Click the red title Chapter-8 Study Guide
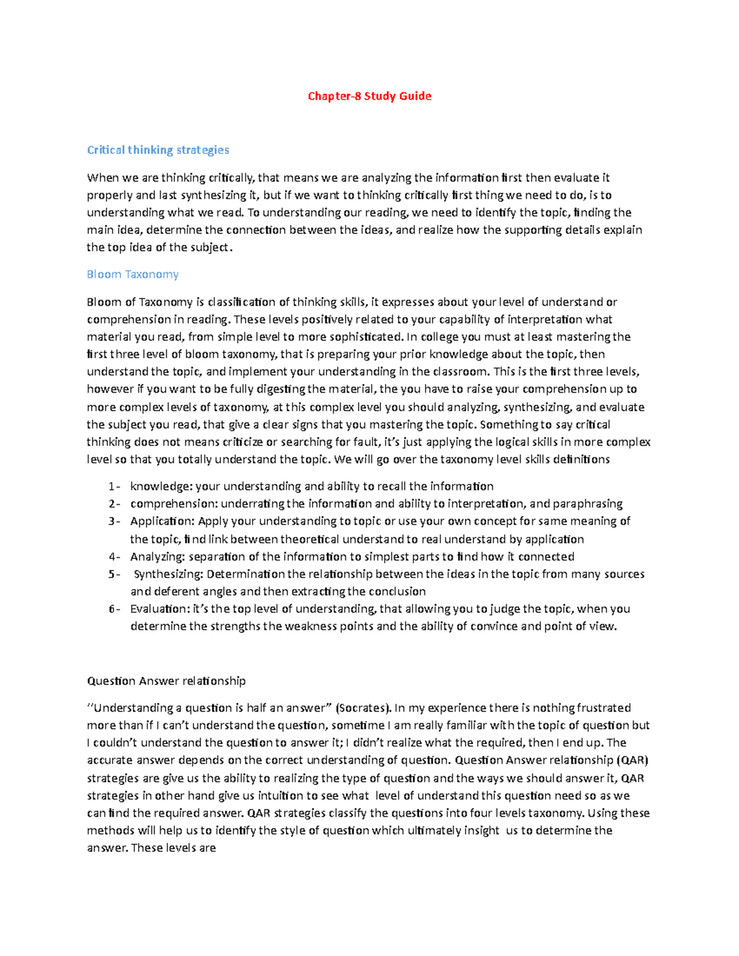pos(369,96)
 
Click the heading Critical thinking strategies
pos(158,150)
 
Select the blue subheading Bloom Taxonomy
pos(132,275)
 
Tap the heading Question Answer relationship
pos(166,681)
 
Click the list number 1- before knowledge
pos(114,486)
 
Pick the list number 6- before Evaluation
pos(114,609)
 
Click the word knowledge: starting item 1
pos(161,486)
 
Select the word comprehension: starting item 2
pos(174,504)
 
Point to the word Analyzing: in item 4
pos(158,556)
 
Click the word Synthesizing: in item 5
pos(168,574)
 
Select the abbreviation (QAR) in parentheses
pos(632,760)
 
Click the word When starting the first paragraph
pos(103,178)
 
